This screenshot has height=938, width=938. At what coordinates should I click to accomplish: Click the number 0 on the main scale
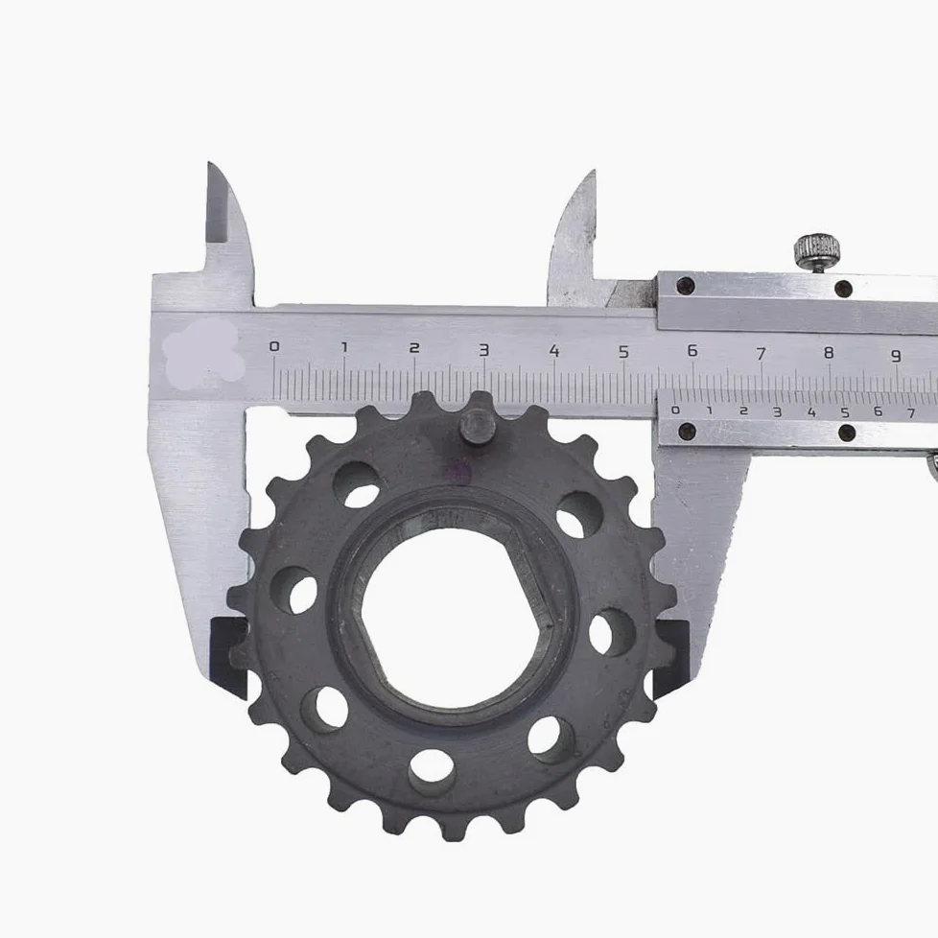click(x=274, y=346)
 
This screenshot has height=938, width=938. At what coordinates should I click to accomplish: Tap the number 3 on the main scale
click(x=484, y=349)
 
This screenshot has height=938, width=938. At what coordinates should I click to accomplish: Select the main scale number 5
click(x=624, y=351)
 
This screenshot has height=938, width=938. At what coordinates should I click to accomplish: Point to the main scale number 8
click(x=829, y=353)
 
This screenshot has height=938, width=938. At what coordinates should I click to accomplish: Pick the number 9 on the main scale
click(x=896, y=355)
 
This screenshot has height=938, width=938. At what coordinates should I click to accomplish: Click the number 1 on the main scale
click(x=344, y=347)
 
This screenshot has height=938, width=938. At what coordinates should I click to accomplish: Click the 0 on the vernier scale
click(x=675, y=410)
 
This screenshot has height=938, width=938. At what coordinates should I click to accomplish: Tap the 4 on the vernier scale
click(x=811, y=411)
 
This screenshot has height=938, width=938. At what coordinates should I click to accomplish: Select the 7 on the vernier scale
click(x=911, y=412)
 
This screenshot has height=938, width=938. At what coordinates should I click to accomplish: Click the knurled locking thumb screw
click(x=817, y=250)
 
